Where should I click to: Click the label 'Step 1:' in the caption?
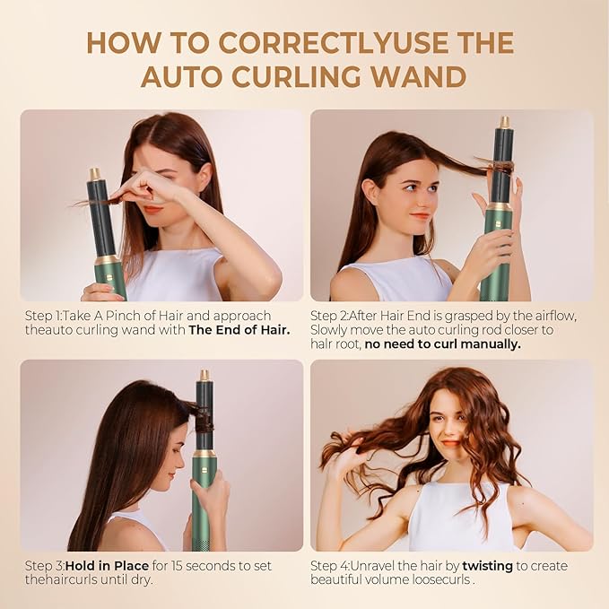click(x=46, y=316)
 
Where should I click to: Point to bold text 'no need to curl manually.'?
click(x=442, y=344)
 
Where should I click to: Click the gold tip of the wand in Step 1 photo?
click(x=95, y=174)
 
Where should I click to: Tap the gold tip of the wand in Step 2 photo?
click(x=505, y=122)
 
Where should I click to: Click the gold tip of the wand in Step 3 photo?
click(x=204, y=375)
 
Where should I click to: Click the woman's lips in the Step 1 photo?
click(x=153, y=209)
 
